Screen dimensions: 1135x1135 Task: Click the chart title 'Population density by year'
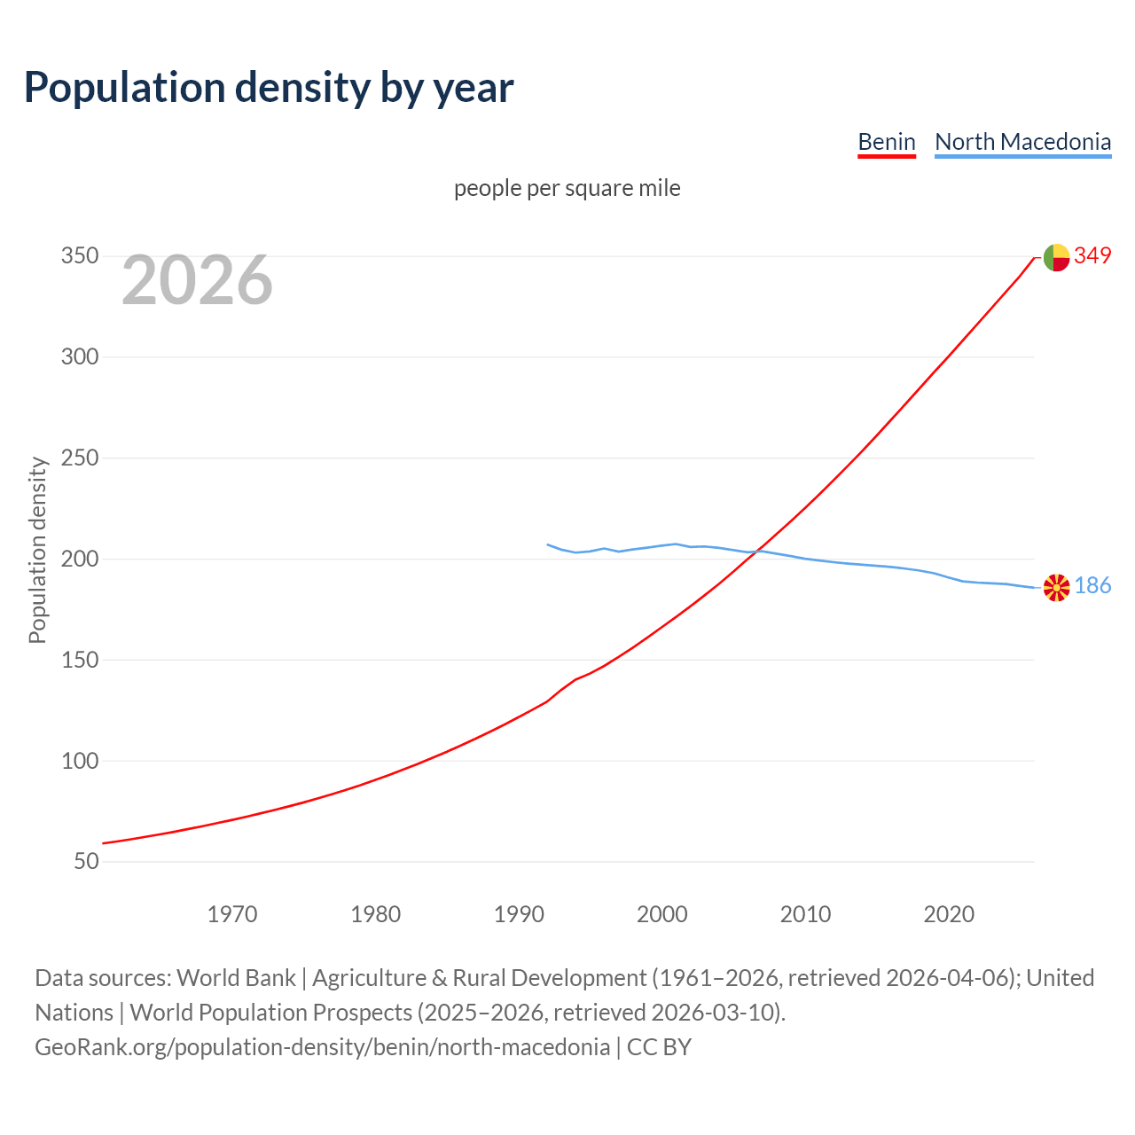click(x=269, y=88)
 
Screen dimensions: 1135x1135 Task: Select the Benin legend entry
click(x=886, y=142)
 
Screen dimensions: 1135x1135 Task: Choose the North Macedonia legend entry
click(x=1022, y=142)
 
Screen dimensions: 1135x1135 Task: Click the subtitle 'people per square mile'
click(x=567, y=189)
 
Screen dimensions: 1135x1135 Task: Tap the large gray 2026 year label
click(x=197, y=280)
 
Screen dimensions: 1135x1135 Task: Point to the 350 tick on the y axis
click(x=79, y=256)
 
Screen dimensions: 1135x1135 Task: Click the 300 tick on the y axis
click(x=79, y=357)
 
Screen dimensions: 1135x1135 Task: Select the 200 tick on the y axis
click(x=79, y=560)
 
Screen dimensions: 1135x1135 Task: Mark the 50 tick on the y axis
click(x=85, y=862)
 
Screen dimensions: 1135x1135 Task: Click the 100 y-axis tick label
click(x=79, y=761)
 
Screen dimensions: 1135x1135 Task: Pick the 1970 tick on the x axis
click(x=232, y=914)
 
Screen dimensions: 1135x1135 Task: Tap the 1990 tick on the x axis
click(x=519, y=914)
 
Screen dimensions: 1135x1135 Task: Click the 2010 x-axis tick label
click(x=805, y=914)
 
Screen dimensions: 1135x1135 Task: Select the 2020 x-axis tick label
click(x=949, y=914)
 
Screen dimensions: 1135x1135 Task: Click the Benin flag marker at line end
click(x=1056, y=257)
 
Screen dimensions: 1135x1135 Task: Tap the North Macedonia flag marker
click(x=1056, y=587)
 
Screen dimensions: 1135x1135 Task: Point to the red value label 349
click(x=1092, y=256)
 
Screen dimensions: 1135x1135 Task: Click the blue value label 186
click(x=1092, y=586)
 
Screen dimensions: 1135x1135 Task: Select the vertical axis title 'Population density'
click(x=37, y=550)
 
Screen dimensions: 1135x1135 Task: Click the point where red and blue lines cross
click(x=752, y=552)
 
